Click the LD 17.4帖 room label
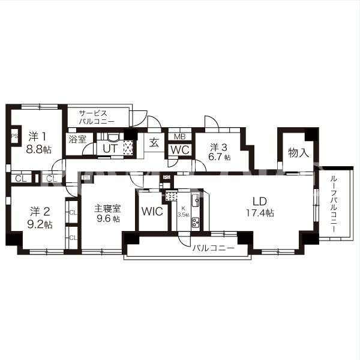tap(260, 207)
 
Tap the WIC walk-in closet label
tap(152, 211)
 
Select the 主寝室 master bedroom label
tap(107, 208)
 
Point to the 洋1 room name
tap(37, 136)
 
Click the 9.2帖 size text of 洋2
tap(40, 225)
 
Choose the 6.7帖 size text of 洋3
tap(219, 157)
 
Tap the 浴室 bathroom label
tap(77, 139)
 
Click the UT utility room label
tap(110, 149)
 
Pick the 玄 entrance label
tap(154, 143)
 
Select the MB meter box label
tap(180, 137)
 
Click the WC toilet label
tap(180, 150)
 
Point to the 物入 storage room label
tap(298, 152)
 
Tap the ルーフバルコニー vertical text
tap(334, 204)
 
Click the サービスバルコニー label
tap(97, 118)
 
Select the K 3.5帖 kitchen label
tap(183, 211)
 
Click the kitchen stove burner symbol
tap(196, 222)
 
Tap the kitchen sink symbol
tap(196, 200)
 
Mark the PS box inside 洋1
tap(14, 136)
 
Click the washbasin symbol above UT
tap(113, 137)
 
